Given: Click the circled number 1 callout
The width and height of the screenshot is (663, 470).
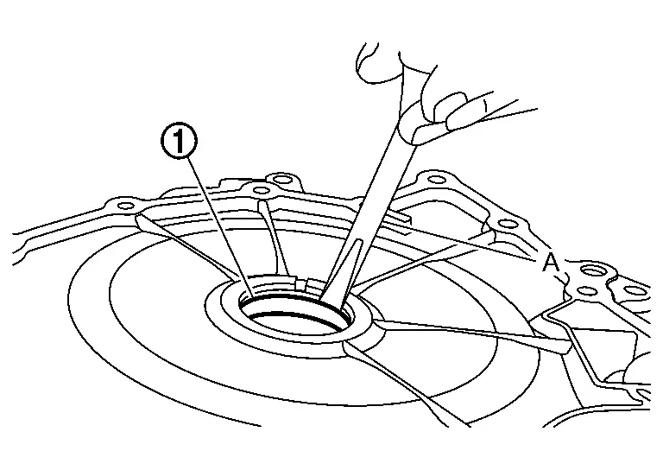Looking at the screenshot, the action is pos(179,143).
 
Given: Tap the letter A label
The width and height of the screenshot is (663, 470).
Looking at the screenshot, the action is pos(551,264).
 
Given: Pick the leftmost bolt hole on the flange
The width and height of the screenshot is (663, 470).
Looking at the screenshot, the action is pos(125,206).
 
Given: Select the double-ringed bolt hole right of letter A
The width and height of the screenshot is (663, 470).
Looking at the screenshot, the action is pos(590,270).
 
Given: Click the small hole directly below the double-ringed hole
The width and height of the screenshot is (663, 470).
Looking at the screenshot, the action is pos(584,290).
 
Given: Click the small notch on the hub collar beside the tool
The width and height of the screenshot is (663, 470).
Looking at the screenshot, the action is pos(304,284).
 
